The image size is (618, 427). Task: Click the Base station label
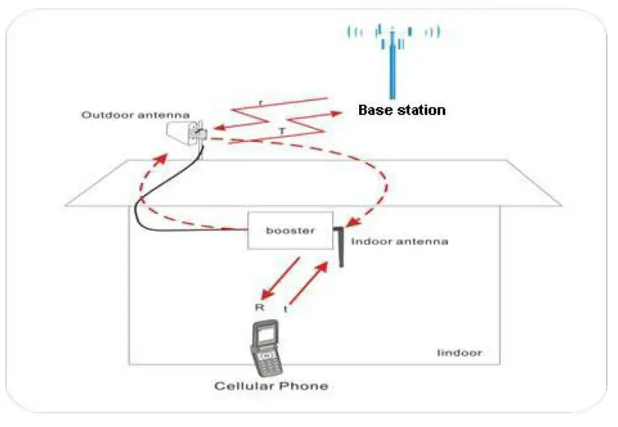(x=402, y=110)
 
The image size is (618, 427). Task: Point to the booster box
(x=290, y=230)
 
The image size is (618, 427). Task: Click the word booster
(x=290, y=230)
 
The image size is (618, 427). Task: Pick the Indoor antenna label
(x=399, y=242)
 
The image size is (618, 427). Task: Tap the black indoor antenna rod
(x=338, y=247)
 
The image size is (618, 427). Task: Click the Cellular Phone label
(x=271, y=386)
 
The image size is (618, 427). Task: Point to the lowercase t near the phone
(x=285, y=308)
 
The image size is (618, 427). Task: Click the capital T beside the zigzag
(x=281, y=130)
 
